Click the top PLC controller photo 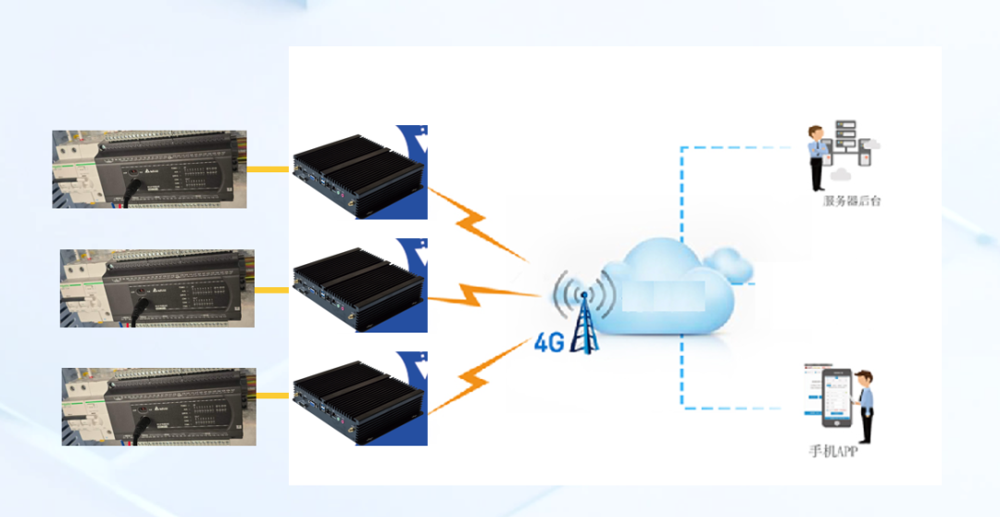coord(148,169)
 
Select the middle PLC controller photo coord(156,288)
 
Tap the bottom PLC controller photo coord(158,407)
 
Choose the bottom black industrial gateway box coord(358,398)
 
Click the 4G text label coord(549,343)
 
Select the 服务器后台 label coord(852,200)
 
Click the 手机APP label coord(832,452)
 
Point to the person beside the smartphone coord(865,406)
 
